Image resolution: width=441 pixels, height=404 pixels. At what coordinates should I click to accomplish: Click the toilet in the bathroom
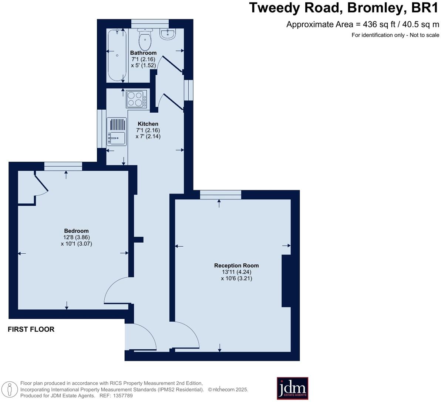click(x=145, y=39)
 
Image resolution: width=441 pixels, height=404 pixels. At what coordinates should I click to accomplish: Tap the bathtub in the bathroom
click(x=117, y=56)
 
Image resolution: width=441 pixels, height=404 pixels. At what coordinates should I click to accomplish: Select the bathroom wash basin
click(x=168, y=34)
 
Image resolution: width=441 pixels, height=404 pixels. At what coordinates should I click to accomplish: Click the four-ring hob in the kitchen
click(x=136, y=99)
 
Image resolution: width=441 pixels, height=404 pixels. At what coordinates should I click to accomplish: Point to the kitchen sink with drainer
click(x=116, y=131)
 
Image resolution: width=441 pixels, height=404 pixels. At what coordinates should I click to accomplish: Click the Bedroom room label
click(x=76, y=231)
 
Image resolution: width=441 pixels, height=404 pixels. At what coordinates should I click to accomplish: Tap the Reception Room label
click(x=236, y=265)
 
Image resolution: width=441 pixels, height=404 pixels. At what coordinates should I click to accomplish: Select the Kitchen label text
click(x=148, y=124)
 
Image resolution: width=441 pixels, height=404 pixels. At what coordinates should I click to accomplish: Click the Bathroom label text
click(x=143, y=53)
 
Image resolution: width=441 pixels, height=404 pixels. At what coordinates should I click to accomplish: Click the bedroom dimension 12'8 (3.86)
click(x=76, y=237)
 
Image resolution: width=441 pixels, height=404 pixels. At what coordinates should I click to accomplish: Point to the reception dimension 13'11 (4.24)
click(x=236, y=272)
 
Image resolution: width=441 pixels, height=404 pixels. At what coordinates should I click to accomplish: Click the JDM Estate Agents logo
click(x=292, y=388)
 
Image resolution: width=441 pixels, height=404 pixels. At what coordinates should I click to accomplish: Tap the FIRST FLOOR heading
click(x=31, y=329)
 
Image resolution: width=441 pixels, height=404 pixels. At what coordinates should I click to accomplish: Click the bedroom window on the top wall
click(x=63, y=166)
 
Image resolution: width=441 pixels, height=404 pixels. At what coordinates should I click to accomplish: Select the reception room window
click(x=220, y=194)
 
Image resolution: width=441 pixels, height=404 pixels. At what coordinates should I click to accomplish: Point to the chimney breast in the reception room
click(x=286, y=281)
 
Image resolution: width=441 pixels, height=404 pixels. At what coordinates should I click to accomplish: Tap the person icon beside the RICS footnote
click(x=10, y=390)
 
